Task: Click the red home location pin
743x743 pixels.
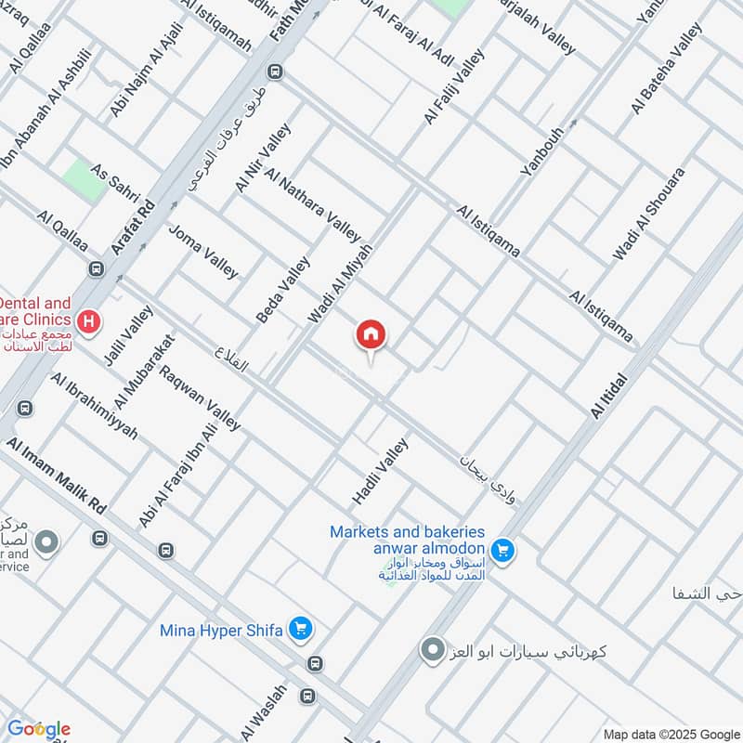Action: coord(371,335)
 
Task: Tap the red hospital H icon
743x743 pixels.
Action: coord(89,323)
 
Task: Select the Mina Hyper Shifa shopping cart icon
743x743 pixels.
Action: coord(300,630)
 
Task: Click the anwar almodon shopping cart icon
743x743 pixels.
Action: coord(502,551)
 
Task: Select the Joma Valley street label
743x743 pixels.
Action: coord(203,251)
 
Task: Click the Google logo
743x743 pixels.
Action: coord(38,728)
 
